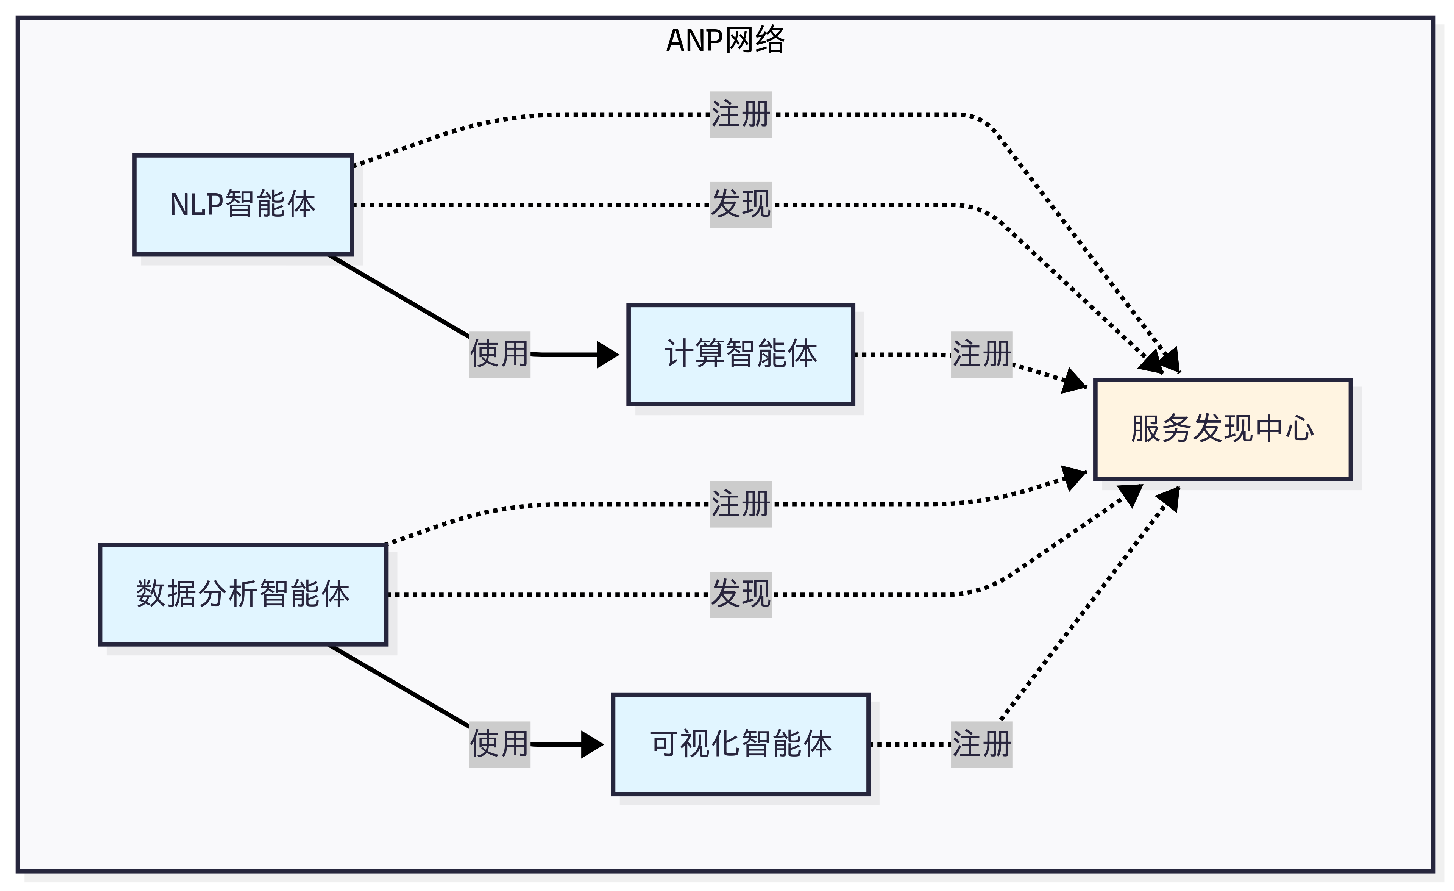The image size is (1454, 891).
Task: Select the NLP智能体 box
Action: point(243,205)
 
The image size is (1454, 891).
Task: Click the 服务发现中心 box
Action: point(1222,429)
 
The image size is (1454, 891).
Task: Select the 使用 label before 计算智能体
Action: point(499,354)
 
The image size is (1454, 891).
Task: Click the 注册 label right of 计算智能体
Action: point(981,354)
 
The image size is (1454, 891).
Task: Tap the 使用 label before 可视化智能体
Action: point(499,744)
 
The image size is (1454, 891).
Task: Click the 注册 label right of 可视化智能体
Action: point(981,744)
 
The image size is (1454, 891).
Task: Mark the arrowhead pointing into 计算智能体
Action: point(608,354)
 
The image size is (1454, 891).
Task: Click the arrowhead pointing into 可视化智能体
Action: point(593,744)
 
